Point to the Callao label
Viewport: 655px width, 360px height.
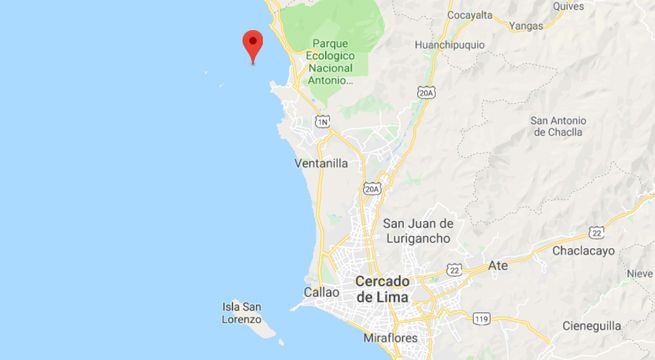(x=322, y=292)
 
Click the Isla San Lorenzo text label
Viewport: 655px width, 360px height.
(x=243, y=313)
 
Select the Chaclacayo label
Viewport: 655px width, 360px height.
(x=587, y=252)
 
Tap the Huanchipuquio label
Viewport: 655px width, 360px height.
(x=458, y=43)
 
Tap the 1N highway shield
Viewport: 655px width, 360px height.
(x=322, y=121)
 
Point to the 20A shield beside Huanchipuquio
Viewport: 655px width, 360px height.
(x=427, y=93)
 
